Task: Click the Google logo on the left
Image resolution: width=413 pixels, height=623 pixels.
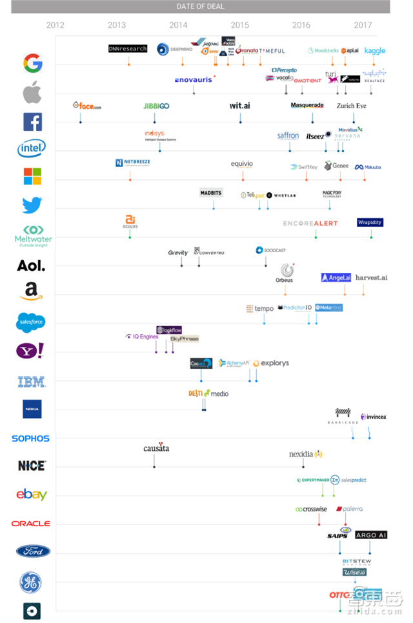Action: (33, 63)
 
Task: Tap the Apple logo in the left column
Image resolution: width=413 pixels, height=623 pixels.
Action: (32, 93)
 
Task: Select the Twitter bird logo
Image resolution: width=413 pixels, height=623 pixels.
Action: (32, 205)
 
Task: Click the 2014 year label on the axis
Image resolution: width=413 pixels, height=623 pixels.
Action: (178, 25)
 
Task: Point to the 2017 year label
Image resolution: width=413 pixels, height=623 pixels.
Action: (363, 25)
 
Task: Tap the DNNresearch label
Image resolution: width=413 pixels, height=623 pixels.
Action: (128, 48)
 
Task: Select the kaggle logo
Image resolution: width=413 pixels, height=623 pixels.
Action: (374, 51)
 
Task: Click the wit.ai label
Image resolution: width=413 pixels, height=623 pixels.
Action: (240, 106)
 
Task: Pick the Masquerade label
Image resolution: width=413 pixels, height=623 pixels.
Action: (307, 105)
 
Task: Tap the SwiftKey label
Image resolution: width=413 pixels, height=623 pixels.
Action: (304, 167)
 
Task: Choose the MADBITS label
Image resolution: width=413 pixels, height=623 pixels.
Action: (211, 193)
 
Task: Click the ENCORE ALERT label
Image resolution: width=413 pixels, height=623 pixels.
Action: (310, 223)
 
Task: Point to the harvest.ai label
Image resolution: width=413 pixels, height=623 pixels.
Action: (371, 277)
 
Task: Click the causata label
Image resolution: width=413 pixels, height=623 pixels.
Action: (156, 448)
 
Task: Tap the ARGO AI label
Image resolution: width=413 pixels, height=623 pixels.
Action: (371, 535)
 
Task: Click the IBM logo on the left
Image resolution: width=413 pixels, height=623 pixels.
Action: (32, 382)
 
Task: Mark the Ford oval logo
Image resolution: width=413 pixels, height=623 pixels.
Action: (32, 551)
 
